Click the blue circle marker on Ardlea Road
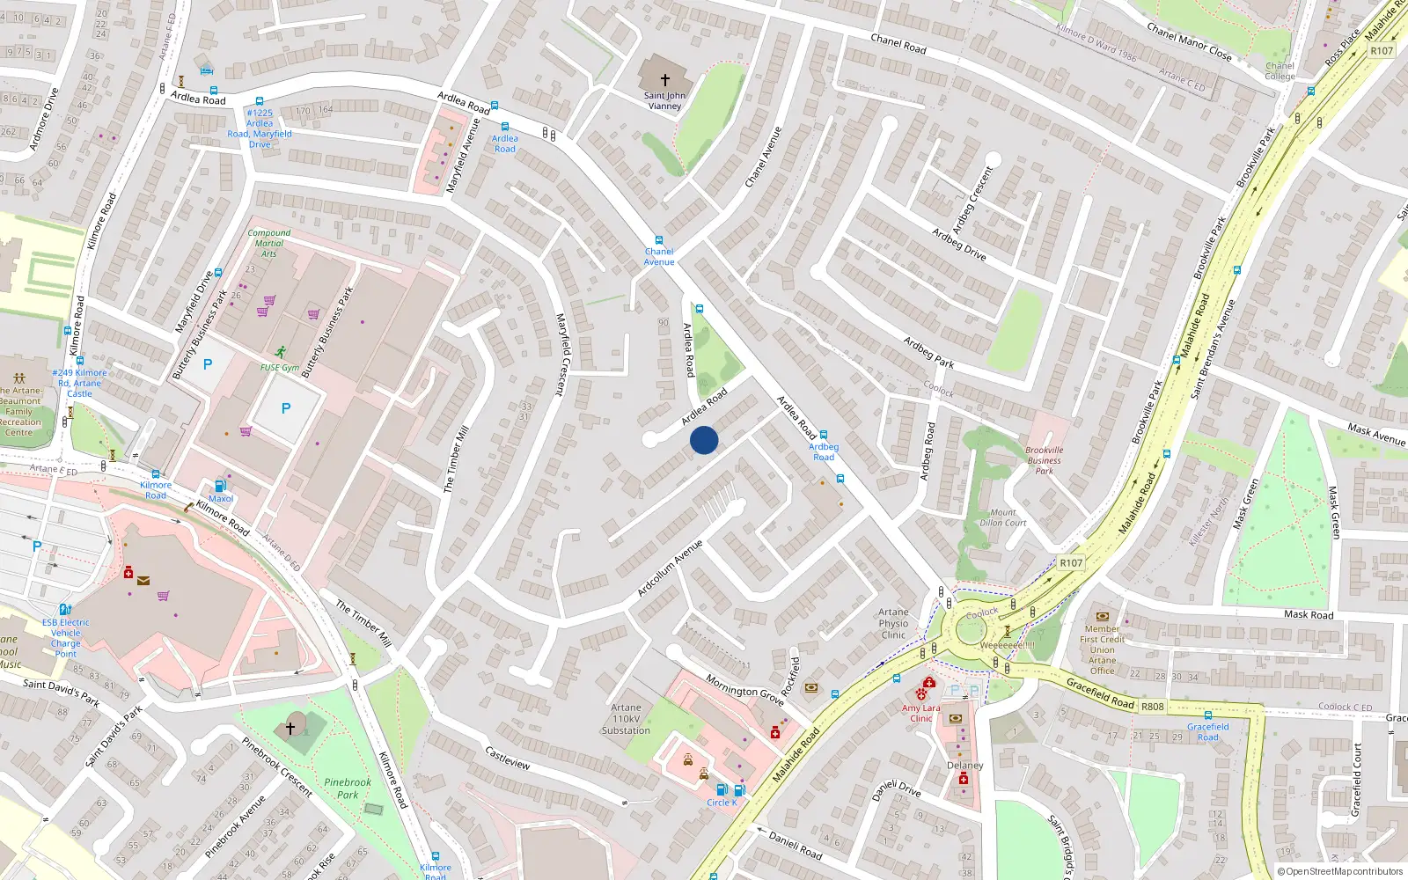(704, 440)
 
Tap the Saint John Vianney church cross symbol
(664, 79)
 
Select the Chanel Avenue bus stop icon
(658, 240)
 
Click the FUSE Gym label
(280, 368)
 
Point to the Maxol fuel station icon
(221, 485)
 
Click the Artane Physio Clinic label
(893, 623)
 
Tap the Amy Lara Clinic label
(920, 713)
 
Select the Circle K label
(722, 803)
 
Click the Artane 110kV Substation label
(626, 719)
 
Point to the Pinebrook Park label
(348, 788)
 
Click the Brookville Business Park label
(1044, 460)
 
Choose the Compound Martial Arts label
(268, 243)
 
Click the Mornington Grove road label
(744, 689)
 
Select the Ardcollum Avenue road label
(669, 568)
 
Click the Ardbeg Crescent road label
(972, 199)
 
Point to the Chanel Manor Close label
(1188, 40)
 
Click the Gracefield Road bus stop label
(1207, 731)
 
